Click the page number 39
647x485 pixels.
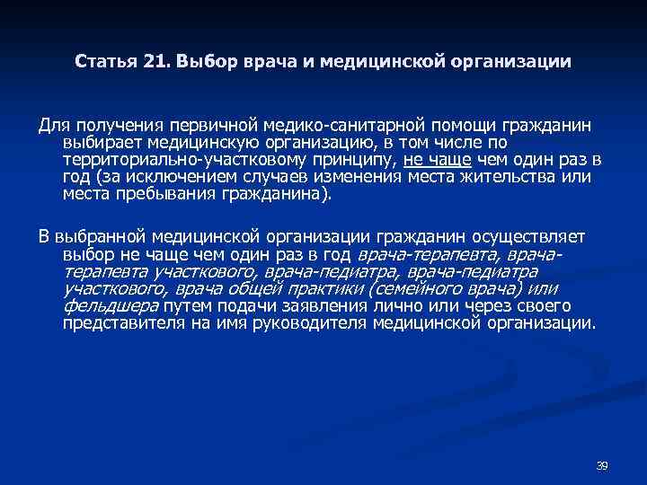(602, 465)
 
